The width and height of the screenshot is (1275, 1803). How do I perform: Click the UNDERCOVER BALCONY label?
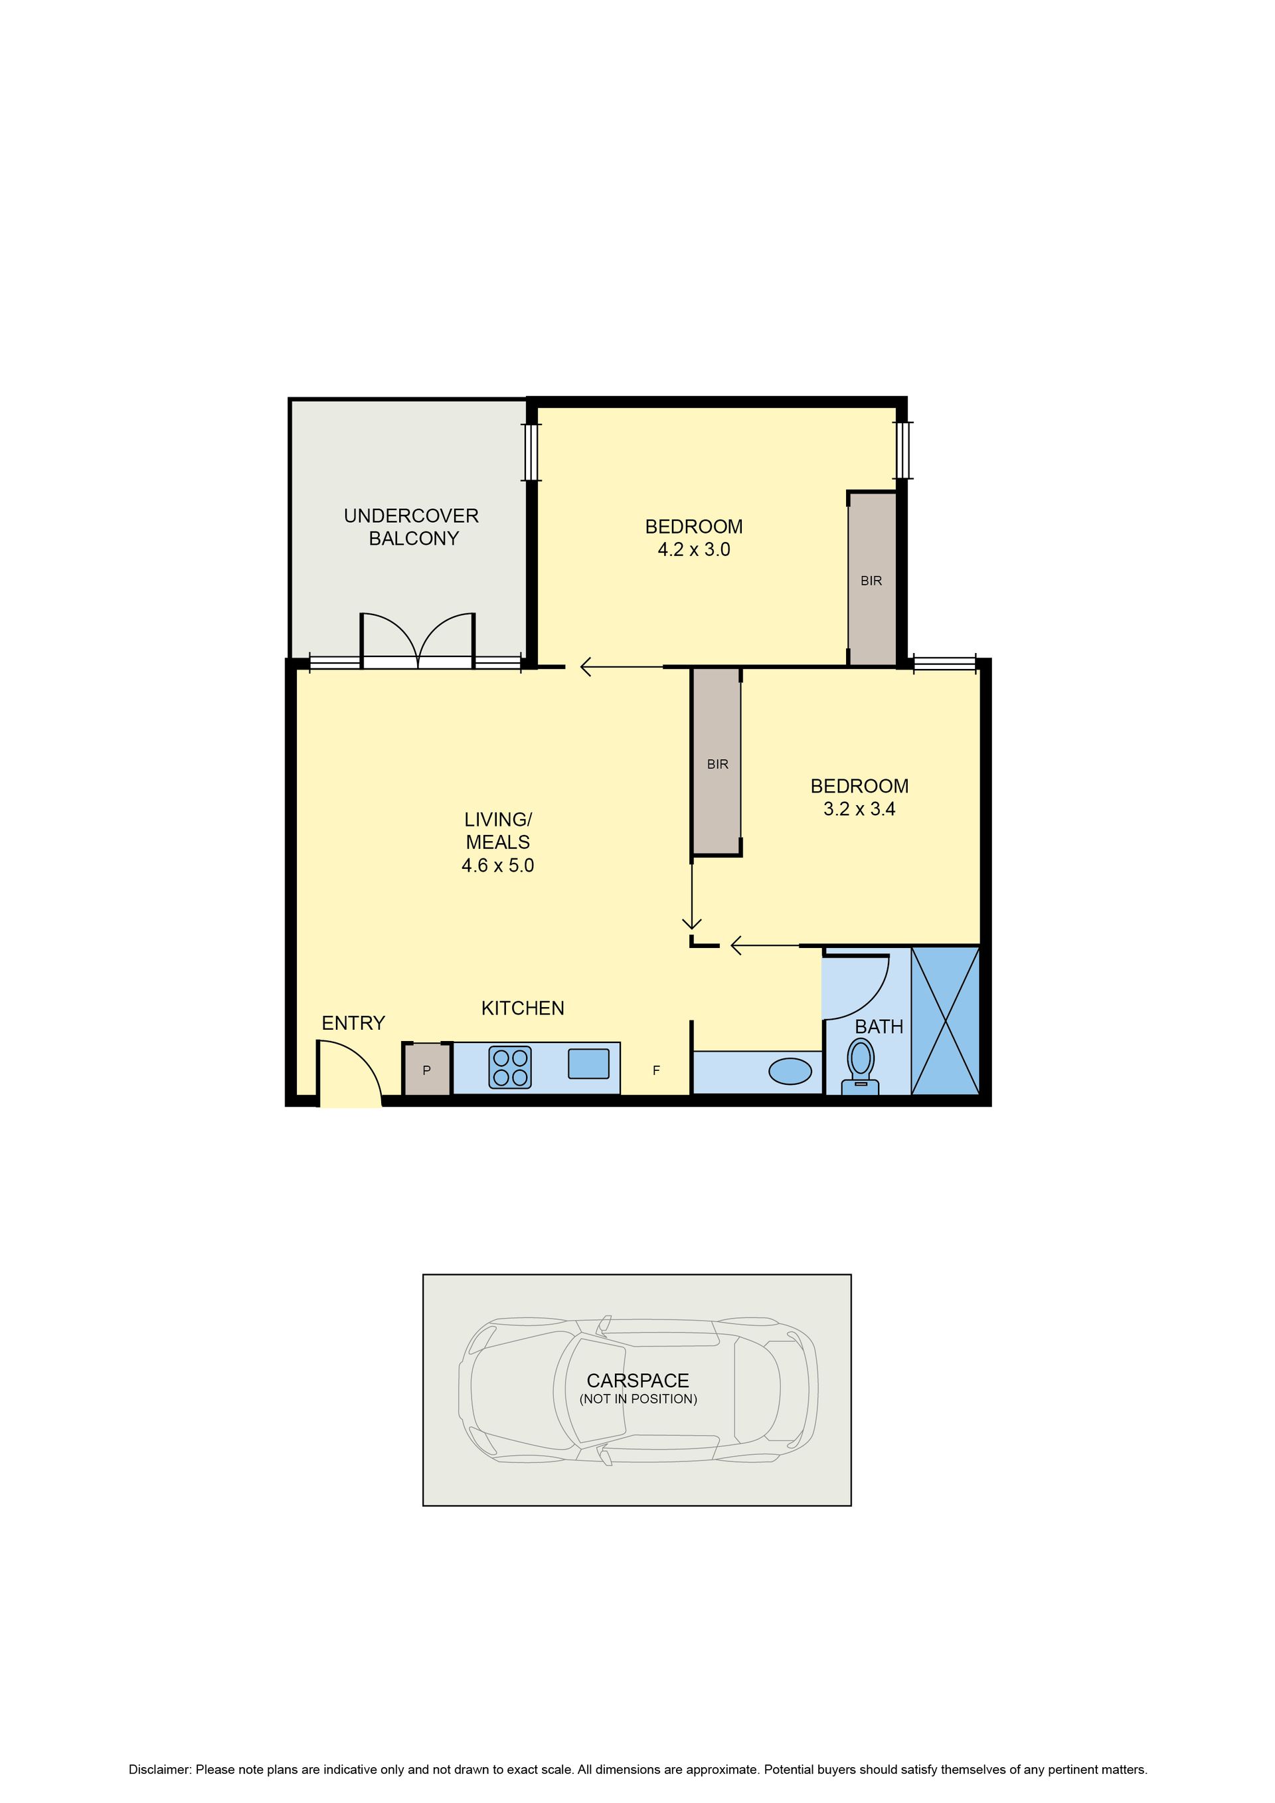click(x=412, y=527)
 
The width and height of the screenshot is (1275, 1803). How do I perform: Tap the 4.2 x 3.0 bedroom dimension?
click(x=694, y=549)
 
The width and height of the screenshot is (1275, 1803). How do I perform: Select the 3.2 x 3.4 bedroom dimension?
click(x=860, y=809)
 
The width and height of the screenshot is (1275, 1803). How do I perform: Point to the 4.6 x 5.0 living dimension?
click(x=498, y=866)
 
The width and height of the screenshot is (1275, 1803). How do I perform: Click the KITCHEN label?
click(x=523, y=1008)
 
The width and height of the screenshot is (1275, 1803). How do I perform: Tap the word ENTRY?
click(x=353, y=1023)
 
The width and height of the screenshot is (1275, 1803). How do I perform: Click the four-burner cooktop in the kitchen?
click(x=510, y=1068)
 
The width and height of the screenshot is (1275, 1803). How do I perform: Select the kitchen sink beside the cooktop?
click(x=589, y=1064)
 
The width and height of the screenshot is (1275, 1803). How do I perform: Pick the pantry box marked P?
click(x=427, y=1069)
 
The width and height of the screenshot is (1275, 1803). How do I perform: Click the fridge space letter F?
click(x=656, y=1070)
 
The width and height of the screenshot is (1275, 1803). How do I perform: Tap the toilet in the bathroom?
click(x=861, y=1066)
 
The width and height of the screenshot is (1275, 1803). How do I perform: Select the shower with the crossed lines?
click(x=945, y=1021)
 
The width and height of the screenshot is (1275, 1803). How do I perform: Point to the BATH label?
click(x=879, y=1026)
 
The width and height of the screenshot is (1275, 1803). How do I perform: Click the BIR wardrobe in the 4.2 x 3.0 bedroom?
click(x=871, y=579)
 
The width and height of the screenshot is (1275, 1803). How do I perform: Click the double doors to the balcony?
click(x=418, y=641)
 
